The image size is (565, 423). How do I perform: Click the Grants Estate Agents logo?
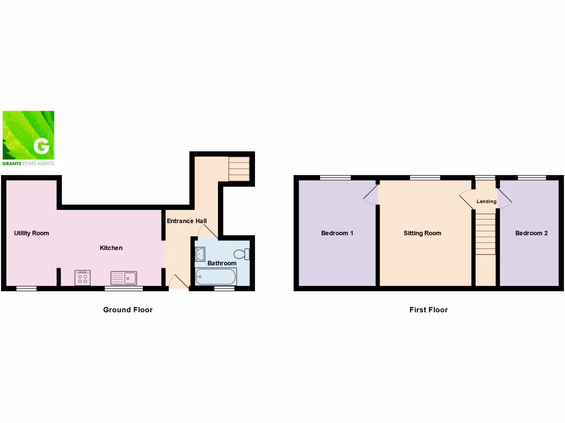[x=29, y=138]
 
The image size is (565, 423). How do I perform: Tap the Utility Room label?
[x=31, y=233]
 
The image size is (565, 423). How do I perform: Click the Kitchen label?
[x=111, y=248]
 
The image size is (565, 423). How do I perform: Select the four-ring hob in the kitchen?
[x=82, y=278]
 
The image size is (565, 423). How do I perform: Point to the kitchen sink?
[x=124, y=278]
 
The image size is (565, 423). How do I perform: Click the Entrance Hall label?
[x=187, y=221]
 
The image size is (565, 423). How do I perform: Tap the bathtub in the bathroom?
[x=216, y=276]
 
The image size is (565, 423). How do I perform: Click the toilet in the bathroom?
[x=242, y=254]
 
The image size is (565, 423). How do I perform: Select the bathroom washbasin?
[x=200, y=254]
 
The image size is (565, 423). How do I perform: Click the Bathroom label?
[x=222, y=263]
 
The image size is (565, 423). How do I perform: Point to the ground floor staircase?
[x=239, y=169]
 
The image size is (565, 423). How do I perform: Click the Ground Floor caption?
[x=127, y=310]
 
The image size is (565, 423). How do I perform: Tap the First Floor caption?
[x=428, y=310]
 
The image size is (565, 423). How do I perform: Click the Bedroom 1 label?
[x=337, y=233]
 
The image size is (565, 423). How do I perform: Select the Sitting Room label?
[x=422, y=233]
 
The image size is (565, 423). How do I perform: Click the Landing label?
[x=486, y=202]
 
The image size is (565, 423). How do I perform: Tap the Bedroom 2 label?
[x=531, y=233]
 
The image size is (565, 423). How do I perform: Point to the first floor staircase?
[x=486, y=234]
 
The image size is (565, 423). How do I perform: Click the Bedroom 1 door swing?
[x=371, y=195]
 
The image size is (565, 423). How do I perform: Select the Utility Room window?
[x=26, y=288]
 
